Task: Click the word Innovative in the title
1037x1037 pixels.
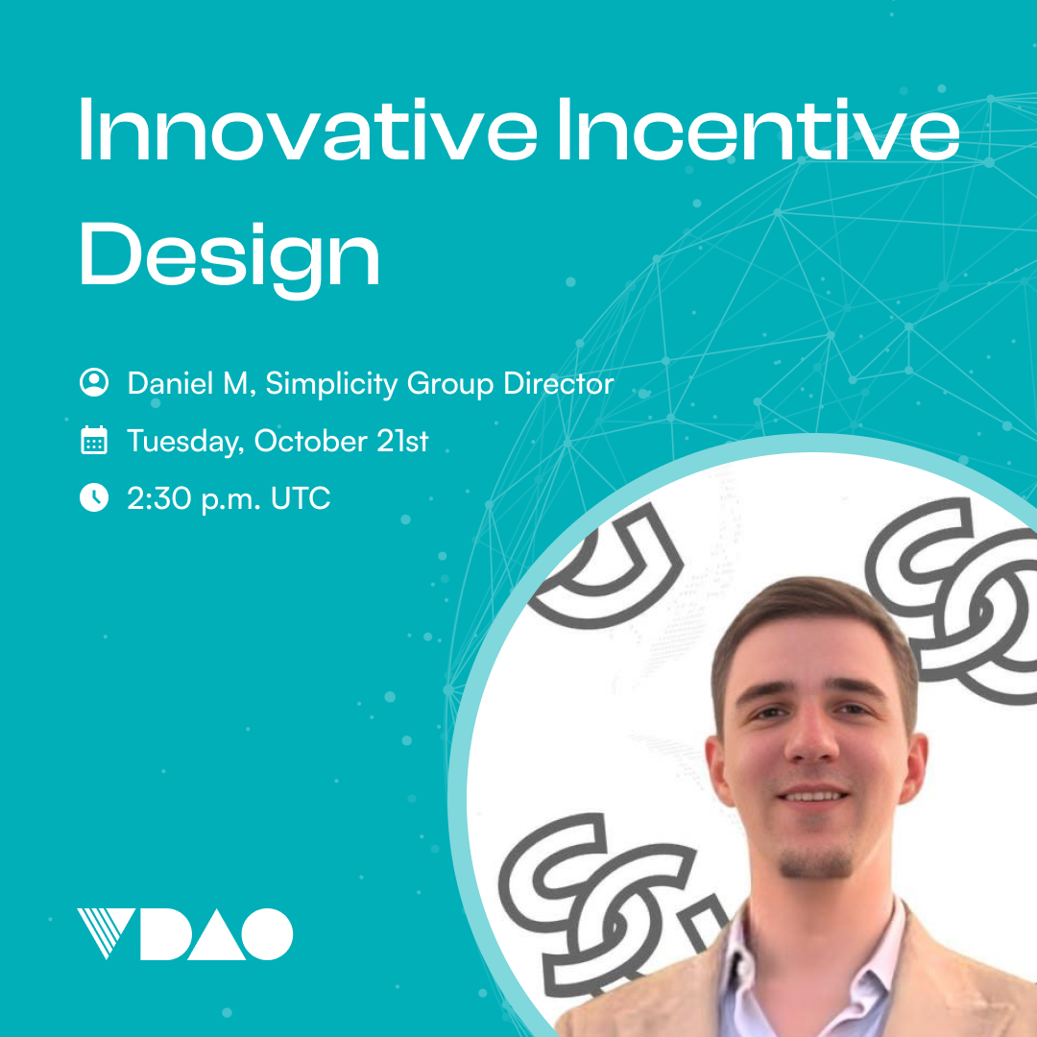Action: click(308, 130)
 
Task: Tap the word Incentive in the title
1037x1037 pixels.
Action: click(759, 130)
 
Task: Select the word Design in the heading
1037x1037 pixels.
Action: click(229, 258)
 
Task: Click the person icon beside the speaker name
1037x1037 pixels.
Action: click(94, 382)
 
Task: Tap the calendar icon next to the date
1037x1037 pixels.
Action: click(94, 440)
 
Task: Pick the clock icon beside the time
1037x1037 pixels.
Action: click(94, 497)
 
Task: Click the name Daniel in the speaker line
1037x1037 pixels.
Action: click(170, 383)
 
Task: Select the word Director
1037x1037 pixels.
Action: click(559, 383)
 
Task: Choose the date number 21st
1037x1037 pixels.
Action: click(402, 441)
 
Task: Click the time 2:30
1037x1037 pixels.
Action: click(158, 498)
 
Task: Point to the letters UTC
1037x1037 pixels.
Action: click(301, 498)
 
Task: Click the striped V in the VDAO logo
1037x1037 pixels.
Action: click(106, 933)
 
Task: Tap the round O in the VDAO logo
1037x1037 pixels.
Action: click(267, 934)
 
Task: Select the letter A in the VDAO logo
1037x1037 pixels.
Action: click(217, 934)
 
